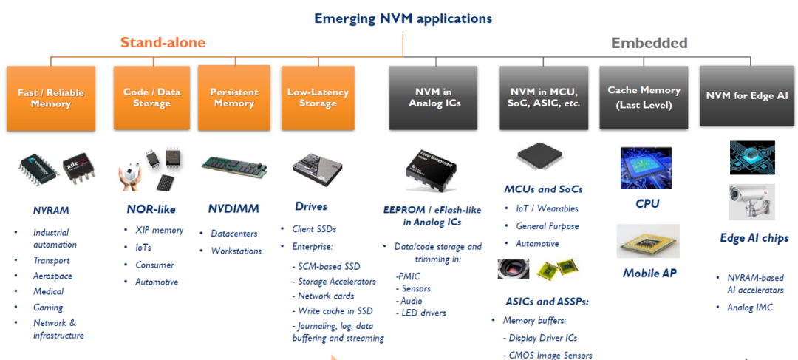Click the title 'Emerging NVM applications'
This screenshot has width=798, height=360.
pyautogui.click(x=403, y=18)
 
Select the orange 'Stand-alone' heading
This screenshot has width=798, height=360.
pyautogui.click(x=163, y=43)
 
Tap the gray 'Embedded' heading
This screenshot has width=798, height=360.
pyautogui.click(x=649, y=43)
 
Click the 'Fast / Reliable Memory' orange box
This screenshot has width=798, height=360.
pyautogui.click(x=51, y=98)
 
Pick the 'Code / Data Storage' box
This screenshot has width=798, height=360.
pyautogui.click(x=151, y=98)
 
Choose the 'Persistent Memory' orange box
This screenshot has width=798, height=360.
pyautogui.click(x=235, y=98)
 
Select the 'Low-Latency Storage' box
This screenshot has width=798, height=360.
pyautogui.click(x=318, y=98)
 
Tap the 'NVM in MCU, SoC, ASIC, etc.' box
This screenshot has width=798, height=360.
pyautogui.click(x=545, y=98)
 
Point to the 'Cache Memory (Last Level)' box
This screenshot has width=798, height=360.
pyautogui.click(x=644, y=98)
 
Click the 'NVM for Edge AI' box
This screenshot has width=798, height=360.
pyautogui.click(x=747, y=96)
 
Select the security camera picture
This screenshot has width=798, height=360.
pyautogui.click(x=751, y=201)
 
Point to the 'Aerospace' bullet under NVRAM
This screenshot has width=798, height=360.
pyautogui.click(x=52, y=276)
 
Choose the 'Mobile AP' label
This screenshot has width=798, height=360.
pyautogui.click(x=649, y=273)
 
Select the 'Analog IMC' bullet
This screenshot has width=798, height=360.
pyautogui.click(x=750, y=307)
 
